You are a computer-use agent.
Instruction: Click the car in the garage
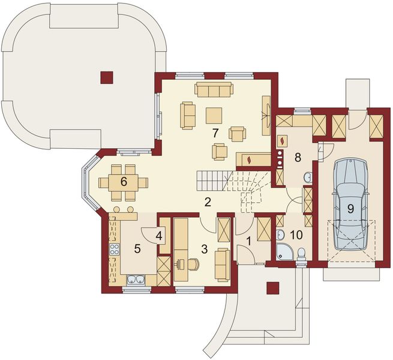click(350, 204)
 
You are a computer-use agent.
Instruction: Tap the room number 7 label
click(215, 133)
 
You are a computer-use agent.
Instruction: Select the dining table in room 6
click(124, 182)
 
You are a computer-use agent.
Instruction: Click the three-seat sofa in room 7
click(214, 89)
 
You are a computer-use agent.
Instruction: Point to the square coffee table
click(214, 116)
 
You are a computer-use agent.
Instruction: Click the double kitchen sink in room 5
click(136, 280)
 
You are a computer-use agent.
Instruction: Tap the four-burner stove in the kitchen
click(114, 249)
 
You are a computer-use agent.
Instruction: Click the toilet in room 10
click(302, 254)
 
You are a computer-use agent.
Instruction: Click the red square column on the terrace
click(107, 77)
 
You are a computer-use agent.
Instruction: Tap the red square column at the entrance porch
click(272, 287)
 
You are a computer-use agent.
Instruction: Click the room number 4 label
click(159, 236)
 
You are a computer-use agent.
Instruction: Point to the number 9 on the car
click(350, 208)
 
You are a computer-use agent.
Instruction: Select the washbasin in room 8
click(308, 177)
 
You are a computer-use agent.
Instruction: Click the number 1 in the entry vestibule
click(248, 241)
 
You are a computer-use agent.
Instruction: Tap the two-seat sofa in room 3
click(223, 264)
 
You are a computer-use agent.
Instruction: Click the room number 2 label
click(207, 202)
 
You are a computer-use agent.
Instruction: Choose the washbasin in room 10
click(281, 235)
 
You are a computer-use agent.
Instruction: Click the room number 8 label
click(298, 157)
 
